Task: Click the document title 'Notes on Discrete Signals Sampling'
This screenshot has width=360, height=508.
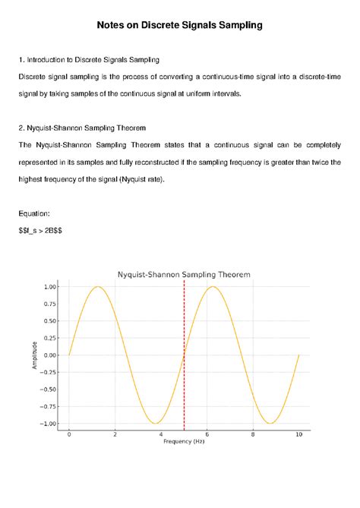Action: point(179,26)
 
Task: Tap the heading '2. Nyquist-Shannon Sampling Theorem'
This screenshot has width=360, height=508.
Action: point(92,127)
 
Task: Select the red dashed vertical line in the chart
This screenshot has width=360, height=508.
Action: point(184,357)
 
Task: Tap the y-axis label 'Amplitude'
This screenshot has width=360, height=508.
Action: point(34,355)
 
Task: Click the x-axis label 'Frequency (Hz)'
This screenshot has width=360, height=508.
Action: point(183,441)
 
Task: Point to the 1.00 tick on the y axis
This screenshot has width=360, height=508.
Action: point(50,286)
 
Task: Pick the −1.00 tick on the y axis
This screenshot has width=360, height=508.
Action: point(49,424)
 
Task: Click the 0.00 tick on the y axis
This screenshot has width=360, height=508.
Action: point(50,355)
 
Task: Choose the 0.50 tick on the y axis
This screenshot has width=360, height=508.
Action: point(50,320)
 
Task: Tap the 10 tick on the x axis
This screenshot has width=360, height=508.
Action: point(298,434)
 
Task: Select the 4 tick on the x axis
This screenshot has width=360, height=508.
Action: point(161,434)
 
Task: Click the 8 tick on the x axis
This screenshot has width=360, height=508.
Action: point(253,434)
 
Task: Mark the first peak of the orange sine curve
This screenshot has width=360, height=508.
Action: point(97,287)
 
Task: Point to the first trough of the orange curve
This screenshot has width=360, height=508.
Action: point(155,423)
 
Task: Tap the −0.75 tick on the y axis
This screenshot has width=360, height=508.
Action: point(49,407)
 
